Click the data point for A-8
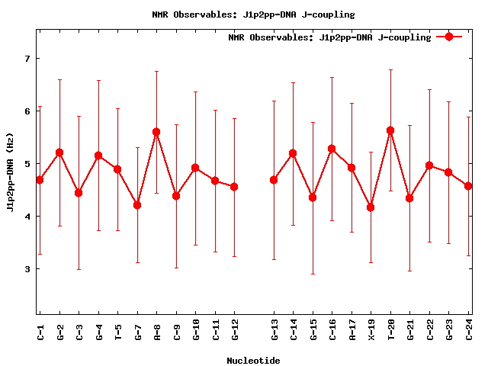click(156, 132)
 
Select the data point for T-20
click(390, 130)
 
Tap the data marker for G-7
click(137, 205)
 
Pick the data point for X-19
click(371, 207)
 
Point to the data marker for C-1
click(40, 180)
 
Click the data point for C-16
click(332, 149)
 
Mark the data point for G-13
click(274, 180)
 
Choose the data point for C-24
click(468, 186)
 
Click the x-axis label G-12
click(235, 329)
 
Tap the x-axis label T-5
click(117, 329)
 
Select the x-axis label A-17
click(352, 329)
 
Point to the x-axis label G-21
click(410, 329)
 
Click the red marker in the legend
click(449, 37)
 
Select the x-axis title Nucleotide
click(253, 361)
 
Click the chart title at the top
click(253, 14)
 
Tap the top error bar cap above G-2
click(59, 79)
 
